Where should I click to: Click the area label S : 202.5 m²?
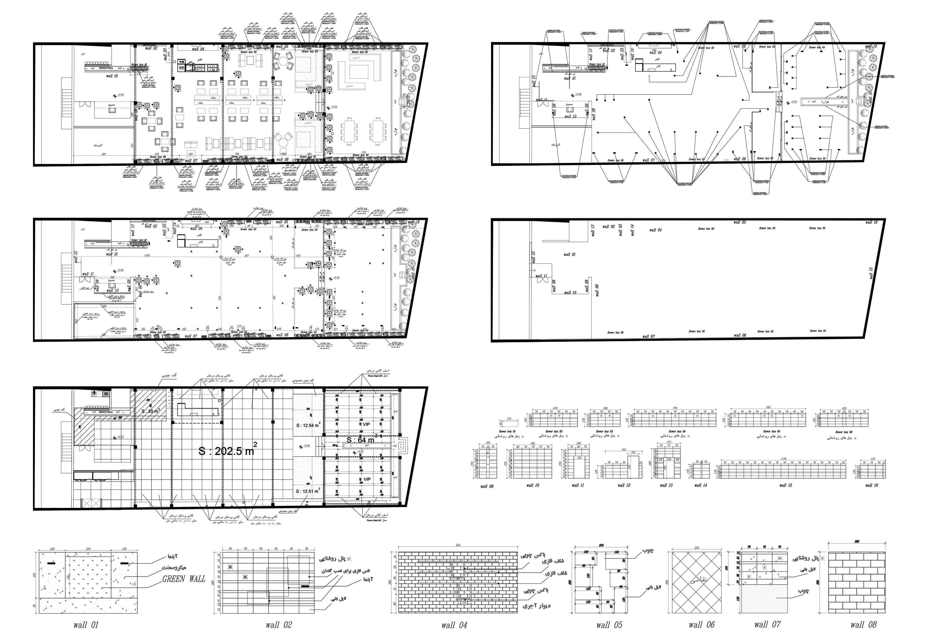[227, 451]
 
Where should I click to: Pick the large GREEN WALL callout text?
[183, 579]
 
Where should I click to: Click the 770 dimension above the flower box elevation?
[675, 408]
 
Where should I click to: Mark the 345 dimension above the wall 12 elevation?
[624, 450]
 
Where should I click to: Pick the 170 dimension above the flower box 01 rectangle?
[509, 419]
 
